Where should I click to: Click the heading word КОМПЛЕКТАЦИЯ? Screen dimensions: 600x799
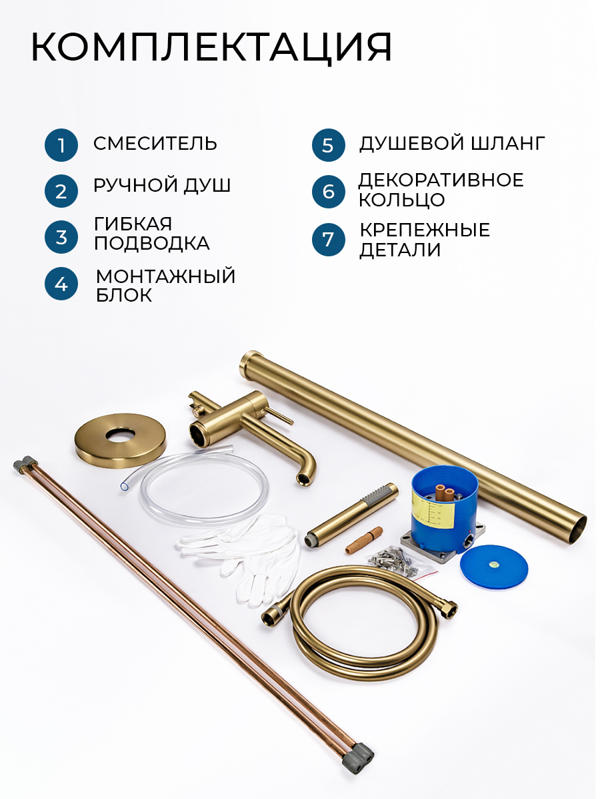tap(211, 47)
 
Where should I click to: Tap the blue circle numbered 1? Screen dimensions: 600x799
tap(61, 145)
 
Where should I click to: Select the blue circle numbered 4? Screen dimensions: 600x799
tap(61, 284)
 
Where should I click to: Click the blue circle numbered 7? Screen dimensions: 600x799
tap(329, 240)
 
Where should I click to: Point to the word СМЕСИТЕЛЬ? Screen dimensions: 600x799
tap(155, 143)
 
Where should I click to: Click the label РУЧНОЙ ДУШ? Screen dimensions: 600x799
tap(162, 185)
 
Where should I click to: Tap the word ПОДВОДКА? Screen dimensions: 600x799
tap(152, 243)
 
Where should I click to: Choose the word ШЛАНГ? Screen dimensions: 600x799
tap(508, 143)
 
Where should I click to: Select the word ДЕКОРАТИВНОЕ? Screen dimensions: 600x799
tap(441, 180)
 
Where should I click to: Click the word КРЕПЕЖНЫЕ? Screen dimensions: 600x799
tap(425, 230)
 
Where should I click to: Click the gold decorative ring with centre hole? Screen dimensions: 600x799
tap(120, 441)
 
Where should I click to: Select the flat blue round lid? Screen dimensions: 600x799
tap(494, 567)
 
